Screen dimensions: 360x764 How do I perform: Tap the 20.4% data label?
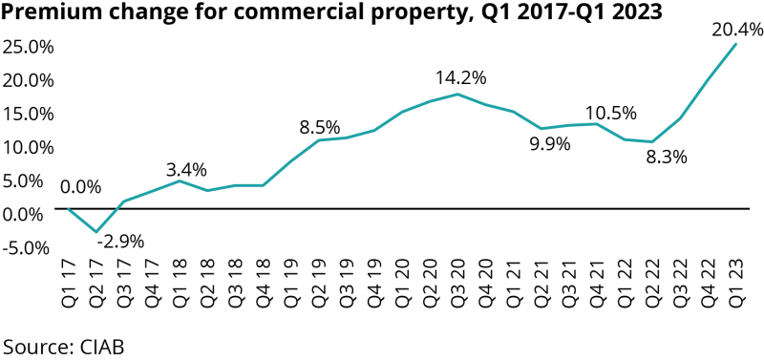[x=737, y=30]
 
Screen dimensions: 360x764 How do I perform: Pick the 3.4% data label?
[x=186, y=170]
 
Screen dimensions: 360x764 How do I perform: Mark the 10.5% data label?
[x=610, y=113]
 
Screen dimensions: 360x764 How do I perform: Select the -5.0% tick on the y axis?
[x=27, y=247]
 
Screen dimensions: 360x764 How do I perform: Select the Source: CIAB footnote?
[x=63, y=345]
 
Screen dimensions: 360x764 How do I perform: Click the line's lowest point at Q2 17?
[x=95, y=231]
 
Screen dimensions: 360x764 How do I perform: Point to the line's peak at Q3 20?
[x=457, y=94]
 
